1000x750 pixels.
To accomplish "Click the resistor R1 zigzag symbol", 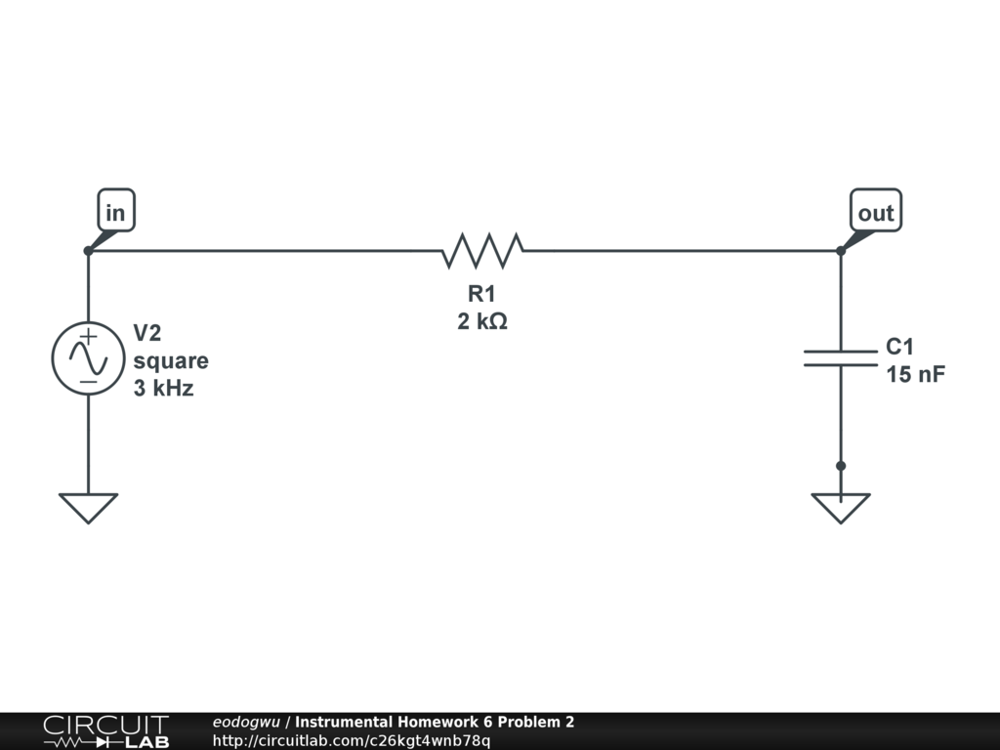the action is (482, 251).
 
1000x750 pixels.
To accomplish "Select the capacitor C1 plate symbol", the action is (841, 358).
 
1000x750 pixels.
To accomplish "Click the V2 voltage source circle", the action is (88, 358).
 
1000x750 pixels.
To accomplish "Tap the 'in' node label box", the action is (115, 212).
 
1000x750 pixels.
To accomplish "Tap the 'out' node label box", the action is (875, 212).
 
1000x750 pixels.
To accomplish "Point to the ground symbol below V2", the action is (88, 507).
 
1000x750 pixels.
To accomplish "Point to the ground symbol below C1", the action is (841, 507).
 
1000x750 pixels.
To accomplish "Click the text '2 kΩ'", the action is (482, 320).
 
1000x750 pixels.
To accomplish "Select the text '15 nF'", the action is (915, 373).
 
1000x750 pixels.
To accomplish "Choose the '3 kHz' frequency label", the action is (163, 388).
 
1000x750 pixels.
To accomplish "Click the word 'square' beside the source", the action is (171, 360).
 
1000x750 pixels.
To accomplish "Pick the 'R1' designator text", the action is (482, 294).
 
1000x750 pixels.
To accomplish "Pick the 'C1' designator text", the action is (899, 347).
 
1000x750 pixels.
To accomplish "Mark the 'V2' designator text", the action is (146, 333).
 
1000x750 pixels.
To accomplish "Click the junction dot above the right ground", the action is (841, 466).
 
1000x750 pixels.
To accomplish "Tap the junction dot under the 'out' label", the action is (841, 251).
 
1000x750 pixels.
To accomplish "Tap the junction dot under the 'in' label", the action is (88, 251).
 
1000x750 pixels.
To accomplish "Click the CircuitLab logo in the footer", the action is (105, 730).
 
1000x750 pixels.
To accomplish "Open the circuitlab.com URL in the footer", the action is (352, 740).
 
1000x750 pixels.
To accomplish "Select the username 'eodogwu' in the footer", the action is (246, 722).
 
